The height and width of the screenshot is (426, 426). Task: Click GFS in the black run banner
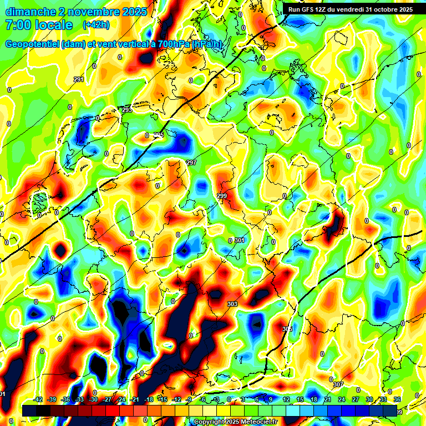tap(307, 9)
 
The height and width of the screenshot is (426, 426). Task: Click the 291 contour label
tap(79, 80)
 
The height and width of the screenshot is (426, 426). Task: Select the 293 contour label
tap(127, 110)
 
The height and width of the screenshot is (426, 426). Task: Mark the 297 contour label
tap(191, 163)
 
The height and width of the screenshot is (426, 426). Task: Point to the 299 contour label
tap(222, 196)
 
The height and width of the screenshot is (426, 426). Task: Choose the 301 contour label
tap(240, 240)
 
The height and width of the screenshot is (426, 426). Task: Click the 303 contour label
tap(232, 304)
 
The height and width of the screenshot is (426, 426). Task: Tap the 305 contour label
tap(287, 329)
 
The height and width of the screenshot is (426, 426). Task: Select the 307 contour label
tap(338, 384)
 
